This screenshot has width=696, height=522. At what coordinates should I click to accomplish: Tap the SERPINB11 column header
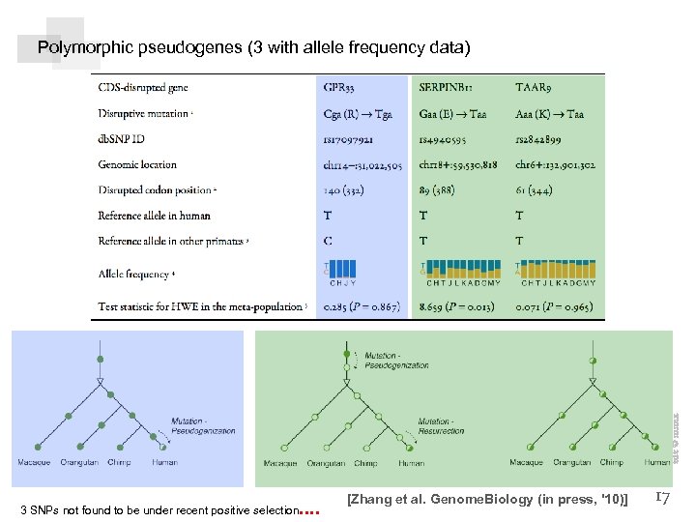[446, 87]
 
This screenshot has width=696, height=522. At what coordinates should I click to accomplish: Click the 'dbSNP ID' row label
[121, 138]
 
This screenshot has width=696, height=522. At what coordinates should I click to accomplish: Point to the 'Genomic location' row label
[137, 164]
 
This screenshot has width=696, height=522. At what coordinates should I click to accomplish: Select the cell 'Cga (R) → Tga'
[358, 113]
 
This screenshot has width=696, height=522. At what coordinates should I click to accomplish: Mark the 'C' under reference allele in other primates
[328, 241]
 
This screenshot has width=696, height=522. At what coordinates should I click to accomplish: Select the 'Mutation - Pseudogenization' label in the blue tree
[203, 425]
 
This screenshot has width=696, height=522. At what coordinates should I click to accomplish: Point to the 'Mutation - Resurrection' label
[441, 425]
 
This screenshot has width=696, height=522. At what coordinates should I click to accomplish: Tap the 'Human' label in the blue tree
[165, 463]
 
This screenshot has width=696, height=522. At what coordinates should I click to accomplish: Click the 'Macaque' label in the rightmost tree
[527, 463]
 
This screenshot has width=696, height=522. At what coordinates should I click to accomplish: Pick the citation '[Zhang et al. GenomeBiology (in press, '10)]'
[487, 499]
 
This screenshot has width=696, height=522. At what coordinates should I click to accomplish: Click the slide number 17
[663, 497]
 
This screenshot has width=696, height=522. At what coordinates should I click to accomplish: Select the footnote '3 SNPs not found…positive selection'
[159, 509]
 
